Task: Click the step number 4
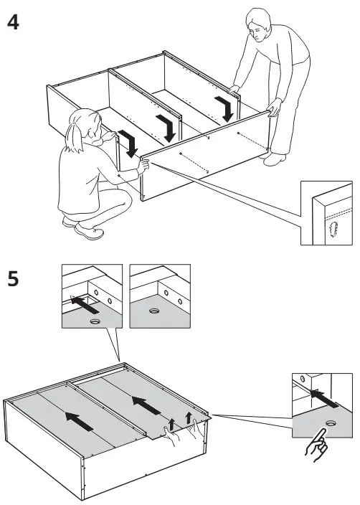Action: coord(12,23)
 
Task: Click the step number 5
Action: coord(12,279)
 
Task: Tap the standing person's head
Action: coord(259,21)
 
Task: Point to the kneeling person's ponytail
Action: coord(72,141)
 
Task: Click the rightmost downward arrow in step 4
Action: coord(226,108)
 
